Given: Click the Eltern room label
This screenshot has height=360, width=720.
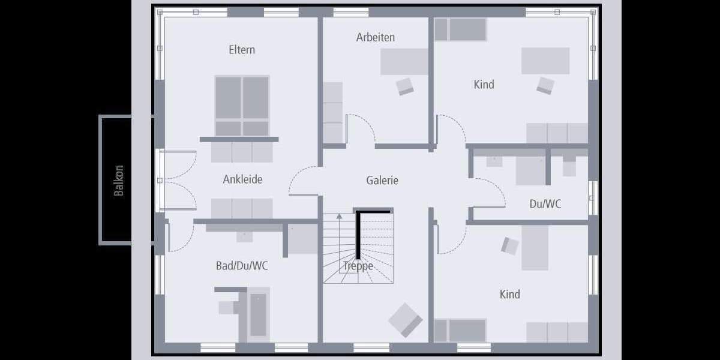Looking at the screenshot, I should pos(242,50).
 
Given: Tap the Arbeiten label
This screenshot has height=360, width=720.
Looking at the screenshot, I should pos(375,37).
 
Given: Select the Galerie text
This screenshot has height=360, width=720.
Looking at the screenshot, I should pos(382,180).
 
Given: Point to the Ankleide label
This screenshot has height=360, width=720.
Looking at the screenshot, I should pos(242,179).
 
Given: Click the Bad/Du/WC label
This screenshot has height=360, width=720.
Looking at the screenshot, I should pos(242,266).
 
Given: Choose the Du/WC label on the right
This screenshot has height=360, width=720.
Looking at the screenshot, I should pos(545,204).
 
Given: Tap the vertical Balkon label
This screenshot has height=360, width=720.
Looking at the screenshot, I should pos(119,180).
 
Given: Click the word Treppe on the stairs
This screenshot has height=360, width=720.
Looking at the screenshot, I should pos(358,266).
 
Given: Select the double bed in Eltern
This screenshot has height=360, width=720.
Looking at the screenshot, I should pos(242,105).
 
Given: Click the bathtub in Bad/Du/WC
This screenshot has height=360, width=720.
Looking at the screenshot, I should pos(258,314).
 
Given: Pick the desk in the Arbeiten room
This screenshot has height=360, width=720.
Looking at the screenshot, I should pos(404,62).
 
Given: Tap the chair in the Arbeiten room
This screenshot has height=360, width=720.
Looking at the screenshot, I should pos(405,86).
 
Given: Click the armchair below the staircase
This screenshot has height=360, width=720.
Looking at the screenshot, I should pos(406,320).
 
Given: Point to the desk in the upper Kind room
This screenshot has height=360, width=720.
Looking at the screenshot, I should pos(545,61).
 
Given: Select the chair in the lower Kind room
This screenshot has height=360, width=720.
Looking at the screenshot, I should pos(510,246).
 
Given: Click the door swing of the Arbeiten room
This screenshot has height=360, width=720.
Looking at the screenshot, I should pos(362,127).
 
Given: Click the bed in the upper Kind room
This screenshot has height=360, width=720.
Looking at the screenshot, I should pos(460,29).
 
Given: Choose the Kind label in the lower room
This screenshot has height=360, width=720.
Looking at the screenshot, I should pos(509,295).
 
